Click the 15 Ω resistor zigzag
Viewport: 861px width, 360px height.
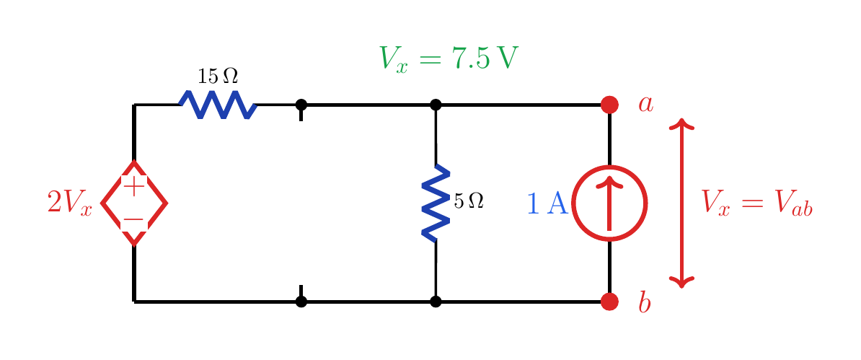coord(218,105)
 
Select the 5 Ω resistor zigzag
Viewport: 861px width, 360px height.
coord(436,203)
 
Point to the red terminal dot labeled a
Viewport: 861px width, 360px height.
coord(609,105)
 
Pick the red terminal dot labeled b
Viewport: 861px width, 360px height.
coord(609,301)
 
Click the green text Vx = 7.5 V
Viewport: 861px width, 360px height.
coord(448,58)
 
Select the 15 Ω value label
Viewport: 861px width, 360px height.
coord(218,76)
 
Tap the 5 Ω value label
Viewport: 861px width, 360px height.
coord(469,201)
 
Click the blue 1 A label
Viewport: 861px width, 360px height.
coord(547,203)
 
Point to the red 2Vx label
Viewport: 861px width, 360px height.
coord(70,203)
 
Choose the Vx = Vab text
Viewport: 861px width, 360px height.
coord(757,203)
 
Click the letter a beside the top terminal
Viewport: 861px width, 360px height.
coord(646,104)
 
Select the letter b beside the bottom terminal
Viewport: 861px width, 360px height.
coord(645,301)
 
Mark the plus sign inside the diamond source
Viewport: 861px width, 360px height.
coord(134,186)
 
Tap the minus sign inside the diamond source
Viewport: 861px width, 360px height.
coord(134,220)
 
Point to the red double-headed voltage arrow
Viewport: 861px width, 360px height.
coord(681,203)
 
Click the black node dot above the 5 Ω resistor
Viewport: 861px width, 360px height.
coord(436,105)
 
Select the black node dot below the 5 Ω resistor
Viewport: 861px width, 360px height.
coord(436,301)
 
